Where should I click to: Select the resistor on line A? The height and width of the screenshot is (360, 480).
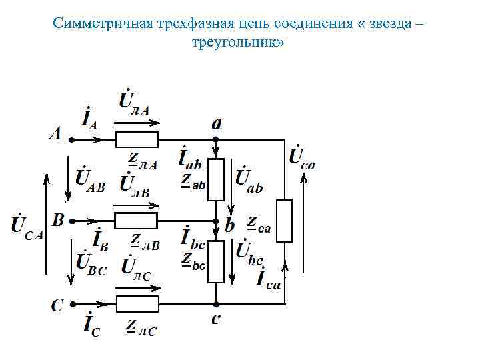click(137, 140)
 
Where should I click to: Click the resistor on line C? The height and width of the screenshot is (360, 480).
click(137, 305)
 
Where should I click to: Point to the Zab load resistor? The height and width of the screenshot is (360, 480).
click(215, 180)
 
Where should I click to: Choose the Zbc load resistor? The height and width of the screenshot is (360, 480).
click(215, 262)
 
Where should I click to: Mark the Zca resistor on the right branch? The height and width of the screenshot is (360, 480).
click(285, 221)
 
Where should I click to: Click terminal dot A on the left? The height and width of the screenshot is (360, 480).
click(71, 140)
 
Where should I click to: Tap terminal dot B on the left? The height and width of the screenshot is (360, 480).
click(71, 221)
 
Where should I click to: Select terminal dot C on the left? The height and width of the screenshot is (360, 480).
click(71, 305)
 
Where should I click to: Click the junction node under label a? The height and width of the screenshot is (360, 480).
click(215, 140)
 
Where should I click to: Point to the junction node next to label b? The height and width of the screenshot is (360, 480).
click(215, 221)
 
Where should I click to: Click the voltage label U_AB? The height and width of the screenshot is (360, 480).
click(88, 179)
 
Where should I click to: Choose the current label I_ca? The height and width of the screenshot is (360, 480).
click(269, 277)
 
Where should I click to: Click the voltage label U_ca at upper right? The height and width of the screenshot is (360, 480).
click(302, 159)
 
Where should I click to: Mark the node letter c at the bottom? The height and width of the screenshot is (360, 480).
click(216, 321)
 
